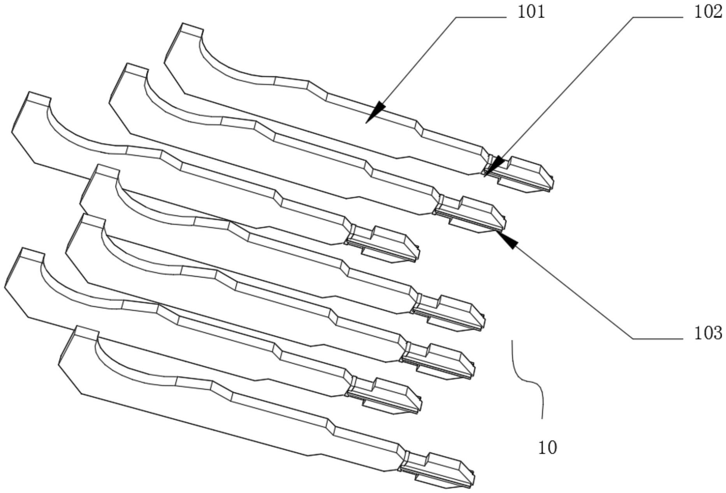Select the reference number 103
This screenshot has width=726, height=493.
tap(708, 334)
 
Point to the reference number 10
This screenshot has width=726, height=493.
tap(547, 447)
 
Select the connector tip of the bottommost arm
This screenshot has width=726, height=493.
tap(448, 470)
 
